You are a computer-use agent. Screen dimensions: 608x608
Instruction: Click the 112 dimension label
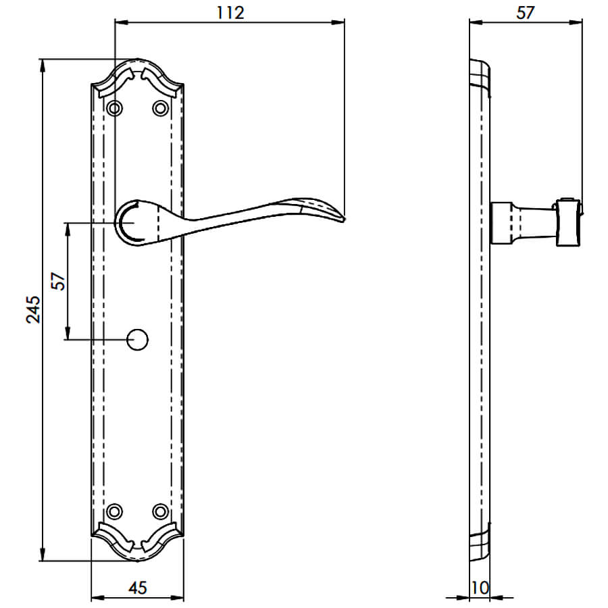click(230, 13)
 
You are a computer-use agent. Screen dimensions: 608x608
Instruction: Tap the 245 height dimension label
click(33, 309)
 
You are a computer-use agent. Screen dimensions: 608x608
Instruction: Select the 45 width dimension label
click(138, 588)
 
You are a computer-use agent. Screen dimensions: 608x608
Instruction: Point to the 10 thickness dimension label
click(480, 588)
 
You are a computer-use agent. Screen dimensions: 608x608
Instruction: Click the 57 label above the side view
click(526, 13)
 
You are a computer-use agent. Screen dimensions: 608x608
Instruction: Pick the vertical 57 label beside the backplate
click(59, 281)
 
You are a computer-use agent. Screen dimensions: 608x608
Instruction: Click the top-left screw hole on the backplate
click(115, 108)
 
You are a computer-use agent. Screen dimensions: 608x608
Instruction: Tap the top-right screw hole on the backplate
click(161, 108)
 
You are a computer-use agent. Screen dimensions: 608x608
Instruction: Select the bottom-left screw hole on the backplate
click(115, 511)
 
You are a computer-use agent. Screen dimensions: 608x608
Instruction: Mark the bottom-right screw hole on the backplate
click(161, 511)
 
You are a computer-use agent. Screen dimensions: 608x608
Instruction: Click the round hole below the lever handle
click(138, 340)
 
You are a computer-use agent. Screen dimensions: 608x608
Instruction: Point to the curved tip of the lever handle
click(344, 220)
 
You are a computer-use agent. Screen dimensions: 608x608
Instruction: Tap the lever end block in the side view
click(569, 222)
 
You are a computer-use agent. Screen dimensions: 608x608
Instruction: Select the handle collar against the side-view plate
click(502, 223)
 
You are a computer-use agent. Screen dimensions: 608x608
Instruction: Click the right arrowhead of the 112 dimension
click(338, 22)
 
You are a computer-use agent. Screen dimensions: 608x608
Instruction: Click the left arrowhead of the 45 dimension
click(97, 598)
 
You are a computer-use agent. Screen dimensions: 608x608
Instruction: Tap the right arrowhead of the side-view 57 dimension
click(576, 22)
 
